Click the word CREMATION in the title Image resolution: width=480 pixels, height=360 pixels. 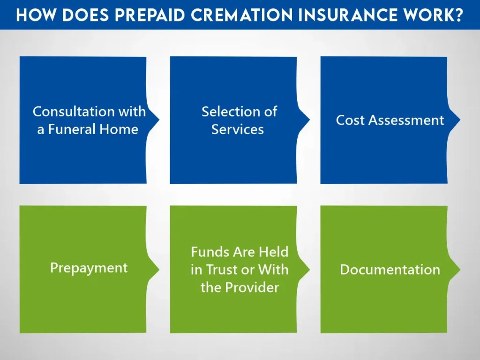tap(241, 15)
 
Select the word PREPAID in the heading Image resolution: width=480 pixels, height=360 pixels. tap(150, 15)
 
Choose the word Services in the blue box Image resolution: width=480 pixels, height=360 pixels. tap(238, 129)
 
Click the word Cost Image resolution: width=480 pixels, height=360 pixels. tap(351, 120)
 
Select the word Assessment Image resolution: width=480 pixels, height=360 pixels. tap(406, 120)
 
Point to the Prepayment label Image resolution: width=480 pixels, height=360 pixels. tap(89, 268)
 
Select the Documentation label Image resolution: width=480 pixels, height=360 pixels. tap(390, 270)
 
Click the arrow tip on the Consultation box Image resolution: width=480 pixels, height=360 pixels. tap(159, 120)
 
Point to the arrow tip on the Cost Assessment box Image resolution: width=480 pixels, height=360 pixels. tap(460, 120)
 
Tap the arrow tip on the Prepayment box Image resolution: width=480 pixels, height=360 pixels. tap(159, 270)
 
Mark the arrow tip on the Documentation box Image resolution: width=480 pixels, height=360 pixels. tap(460, 270)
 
